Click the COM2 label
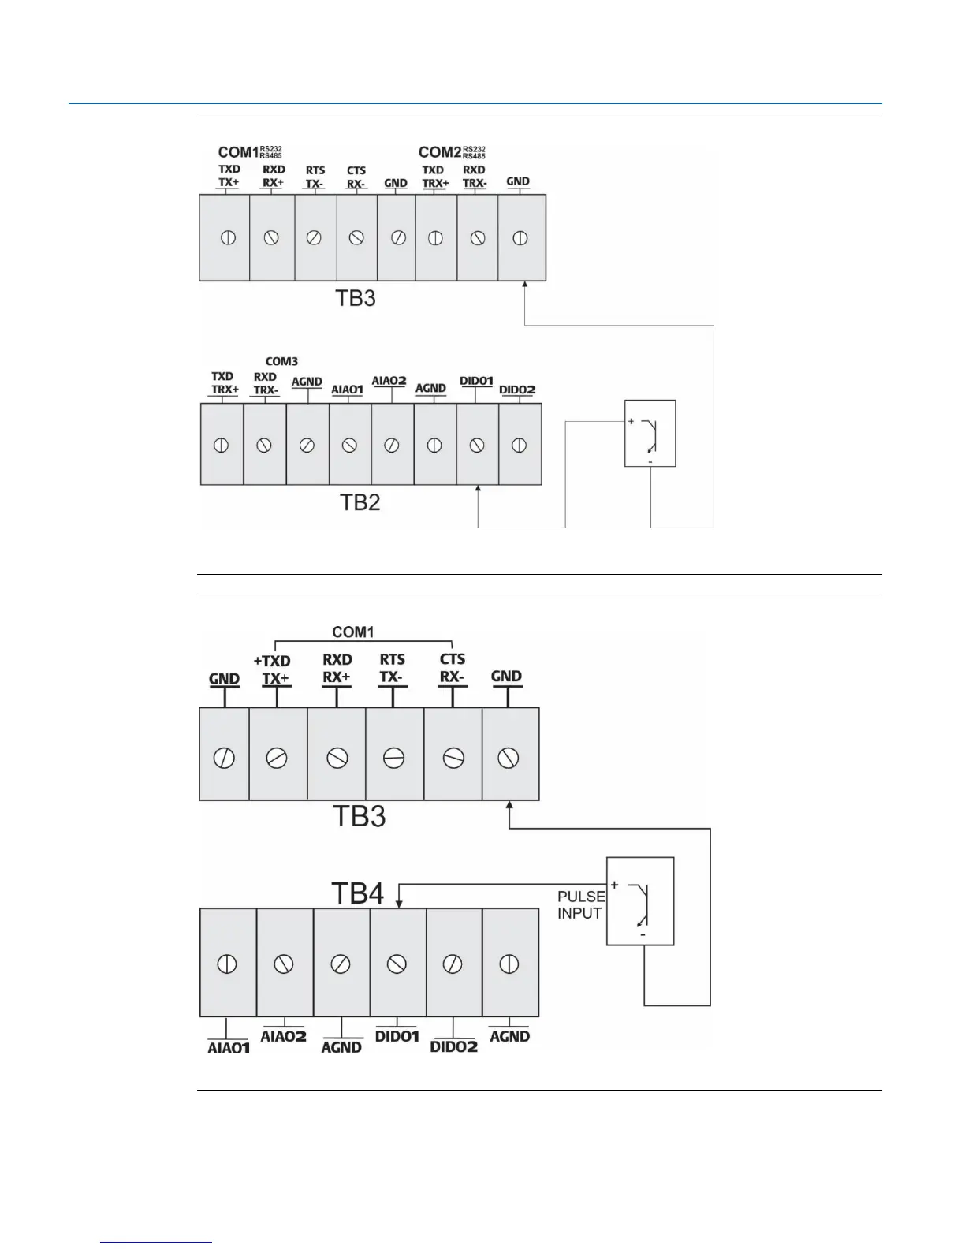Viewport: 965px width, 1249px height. coord(439,152)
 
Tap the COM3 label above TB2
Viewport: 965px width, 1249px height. coord(281,362)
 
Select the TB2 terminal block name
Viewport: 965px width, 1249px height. coord(360,502)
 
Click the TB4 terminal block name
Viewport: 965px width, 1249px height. coord(357,893)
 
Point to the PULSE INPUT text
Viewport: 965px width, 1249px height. coord(580,905)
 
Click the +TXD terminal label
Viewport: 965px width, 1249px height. coord(272,661)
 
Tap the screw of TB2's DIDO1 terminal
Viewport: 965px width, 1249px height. coord(476,446)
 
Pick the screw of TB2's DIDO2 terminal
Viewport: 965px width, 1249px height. coord(519,446)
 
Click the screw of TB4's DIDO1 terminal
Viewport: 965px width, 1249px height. coord(397,964)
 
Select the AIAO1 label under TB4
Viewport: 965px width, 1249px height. coord(229,1048)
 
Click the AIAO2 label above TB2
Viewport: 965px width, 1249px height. coord(389,381)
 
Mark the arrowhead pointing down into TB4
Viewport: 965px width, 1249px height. coord(399,902)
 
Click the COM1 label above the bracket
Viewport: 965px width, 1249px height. coord(352,632)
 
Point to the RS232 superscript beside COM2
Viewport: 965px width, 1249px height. coord(474,147)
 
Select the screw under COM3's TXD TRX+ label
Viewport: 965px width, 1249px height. coord(222,446)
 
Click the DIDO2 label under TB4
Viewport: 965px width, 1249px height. coord(454,1047)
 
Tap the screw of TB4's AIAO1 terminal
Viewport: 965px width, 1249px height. coord(227,964)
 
